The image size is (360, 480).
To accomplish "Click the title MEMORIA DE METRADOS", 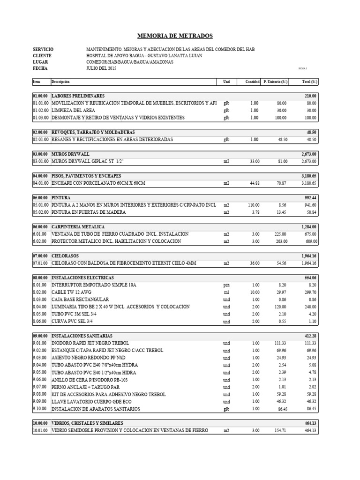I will [174, 36].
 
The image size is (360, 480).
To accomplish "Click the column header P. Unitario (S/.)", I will [276, 82].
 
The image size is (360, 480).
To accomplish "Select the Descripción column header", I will [60, 82].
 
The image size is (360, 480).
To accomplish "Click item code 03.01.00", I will [41, 161].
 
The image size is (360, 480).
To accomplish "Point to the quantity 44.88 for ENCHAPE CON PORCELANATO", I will [254, 183].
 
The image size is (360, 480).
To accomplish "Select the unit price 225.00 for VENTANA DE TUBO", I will [280, 234].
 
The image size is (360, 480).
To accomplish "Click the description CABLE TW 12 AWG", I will [72, 292].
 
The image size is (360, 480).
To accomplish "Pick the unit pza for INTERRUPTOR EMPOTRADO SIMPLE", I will [226, 285].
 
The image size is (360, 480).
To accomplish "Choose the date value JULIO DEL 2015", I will [102, 68].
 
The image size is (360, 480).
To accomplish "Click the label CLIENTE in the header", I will [42, 55].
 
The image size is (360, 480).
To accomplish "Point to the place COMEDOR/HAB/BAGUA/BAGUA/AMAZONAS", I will [130, 62].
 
